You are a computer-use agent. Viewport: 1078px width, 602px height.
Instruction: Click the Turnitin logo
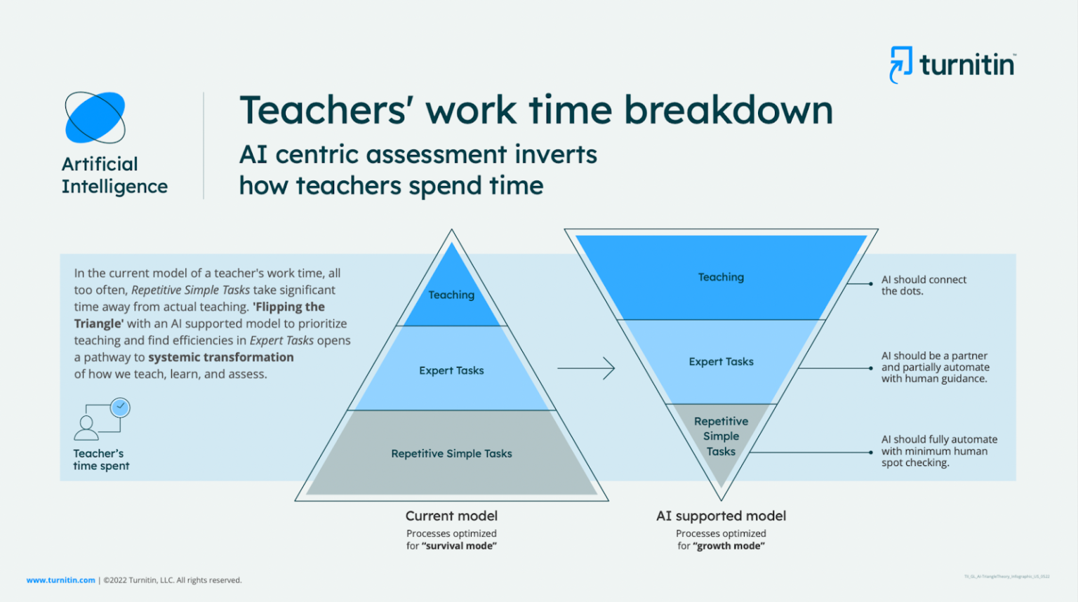coord(952,65)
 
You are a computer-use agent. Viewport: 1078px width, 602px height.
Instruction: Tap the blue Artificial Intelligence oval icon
coord(95,117)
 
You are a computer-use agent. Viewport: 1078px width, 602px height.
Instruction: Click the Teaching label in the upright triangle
coord(451,295)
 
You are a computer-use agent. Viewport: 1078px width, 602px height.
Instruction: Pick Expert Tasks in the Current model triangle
coord(451,370)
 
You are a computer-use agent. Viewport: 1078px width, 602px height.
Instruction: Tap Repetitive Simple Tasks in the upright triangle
coord(451,454)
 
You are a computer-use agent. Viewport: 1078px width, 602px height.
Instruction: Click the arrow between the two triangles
coord(586,368)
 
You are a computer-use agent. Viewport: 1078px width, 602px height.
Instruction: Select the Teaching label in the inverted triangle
coord(721,277)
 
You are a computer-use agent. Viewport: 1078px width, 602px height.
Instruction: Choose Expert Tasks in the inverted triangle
coord(721,361)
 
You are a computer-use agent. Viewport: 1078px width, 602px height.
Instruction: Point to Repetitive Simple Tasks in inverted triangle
coord(721,436)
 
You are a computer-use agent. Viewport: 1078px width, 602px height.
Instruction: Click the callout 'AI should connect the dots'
coord(923,285)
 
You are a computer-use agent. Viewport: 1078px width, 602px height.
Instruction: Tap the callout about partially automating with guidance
coord(935,367)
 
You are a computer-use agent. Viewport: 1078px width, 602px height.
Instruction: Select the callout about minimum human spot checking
coord(938,450)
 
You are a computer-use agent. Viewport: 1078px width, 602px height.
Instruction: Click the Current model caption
coord(451,516)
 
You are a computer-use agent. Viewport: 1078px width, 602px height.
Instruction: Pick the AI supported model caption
coord(721,516)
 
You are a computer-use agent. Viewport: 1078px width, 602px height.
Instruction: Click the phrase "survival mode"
coord(460,546)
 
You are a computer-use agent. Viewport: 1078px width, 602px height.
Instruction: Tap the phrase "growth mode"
coord(729,546)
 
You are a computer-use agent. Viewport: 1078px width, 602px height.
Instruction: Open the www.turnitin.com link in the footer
coord(60,580)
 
